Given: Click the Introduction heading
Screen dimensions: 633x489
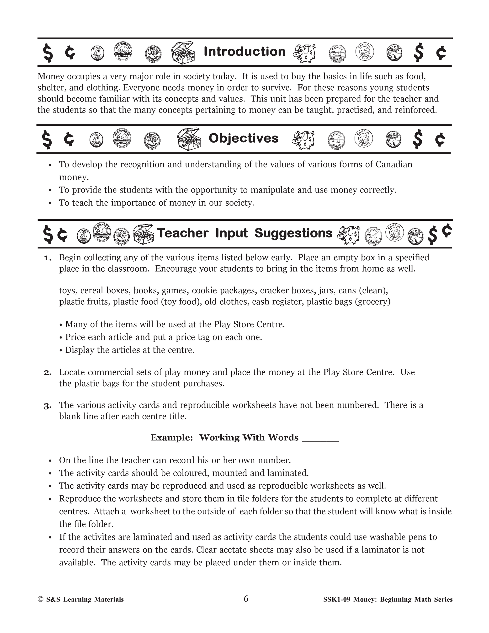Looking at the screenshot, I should coord(244,52).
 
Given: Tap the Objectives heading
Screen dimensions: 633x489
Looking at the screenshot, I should coord(243,138).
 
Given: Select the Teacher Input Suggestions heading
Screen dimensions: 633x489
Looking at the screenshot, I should coord(244,233).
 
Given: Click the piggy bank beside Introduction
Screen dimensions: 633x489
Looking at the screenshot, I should coord(304,53).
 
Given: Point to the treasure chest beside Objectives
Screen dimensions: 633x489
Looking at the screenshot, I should coord(189,139).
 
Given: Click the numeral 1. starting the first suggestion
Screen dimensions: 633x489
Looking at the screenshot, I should coord(48,258).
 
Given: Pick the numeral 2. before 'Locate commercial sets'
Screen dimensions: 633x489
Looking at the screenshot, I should coord(48,372).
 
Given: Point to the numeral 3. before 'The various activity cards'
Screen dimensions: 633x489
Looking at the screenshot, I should coord(48,406).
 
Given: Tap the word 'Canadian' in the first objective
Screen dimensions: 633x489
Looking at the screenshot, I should coord(394,165).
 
